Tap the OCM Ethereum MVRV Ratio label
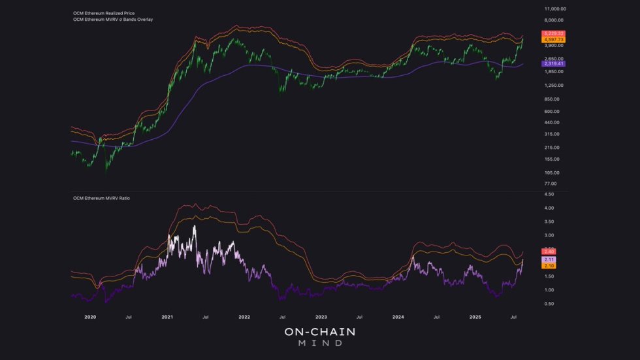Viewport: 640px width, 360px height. (101, 197)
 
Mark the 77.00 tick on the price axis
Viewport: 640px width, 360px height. (551, 184)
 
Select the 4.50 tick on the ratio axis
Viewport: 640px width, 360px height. (549, 195)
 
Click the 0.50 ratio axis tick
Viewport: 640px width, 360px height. (549, 304)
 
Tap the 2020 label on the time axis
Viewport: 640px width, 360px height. (91, 317)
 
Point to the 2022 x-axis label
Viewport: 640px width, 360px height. (244, 317)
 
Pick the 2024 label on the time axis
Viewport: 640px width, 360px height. (398, 317)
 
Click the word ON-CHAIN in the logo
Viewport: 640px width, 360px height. (320, 333)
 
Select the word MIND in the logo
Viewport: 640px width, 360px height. (320, 344)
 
